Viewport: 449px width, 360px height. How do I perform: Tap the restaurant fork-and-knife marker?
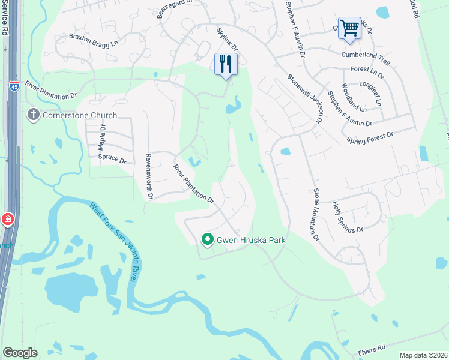(x=226, y=64)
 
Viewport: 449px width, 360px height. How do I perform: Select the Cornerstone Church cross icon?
(x=34, y=115)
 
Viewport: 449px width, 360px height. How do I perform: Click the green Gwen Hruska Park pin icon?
(x=208, y=240)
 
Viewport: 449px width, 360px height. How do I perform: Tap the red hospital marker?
(x=7, y=220)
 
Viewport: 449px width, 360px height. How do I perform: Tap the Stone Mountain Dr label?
(x=316, y=215)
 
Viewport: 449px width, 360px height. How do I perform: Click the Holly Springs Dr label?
(x=348, y=217)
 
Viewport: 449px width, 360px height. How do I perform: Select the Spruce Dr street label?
(x=112, y=161)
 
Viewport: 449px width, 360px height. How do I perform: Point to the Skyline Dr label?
(x=228, y=40)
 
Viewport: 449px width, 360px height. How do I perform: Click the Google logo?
(x=20, y=353)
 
